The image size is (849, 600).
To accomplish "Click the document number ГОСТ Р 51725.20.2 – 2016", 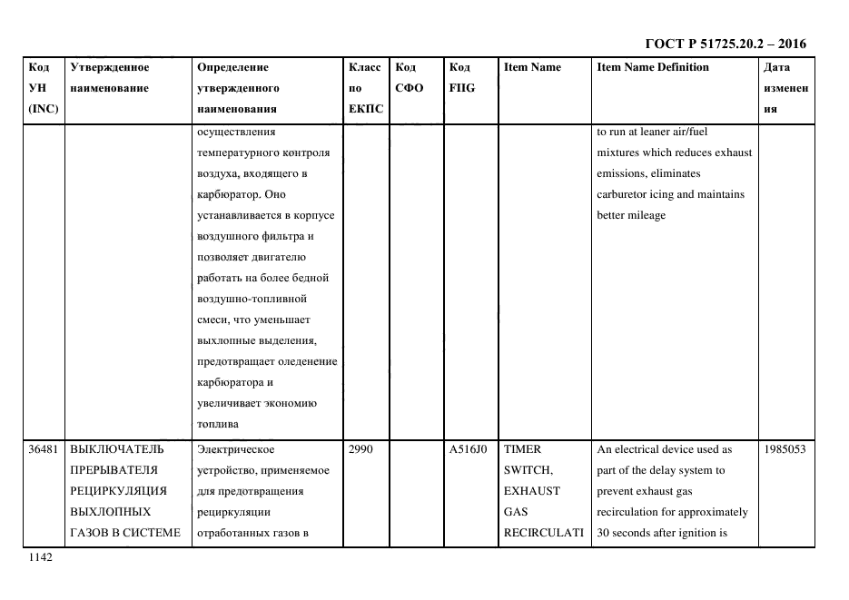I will point(725,43).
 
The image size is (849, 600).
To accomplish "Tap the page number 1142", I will point(41,558).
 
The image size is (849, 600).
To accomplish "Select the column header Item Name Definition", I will point(652,67).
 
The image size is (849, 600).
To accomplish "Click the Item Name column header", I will point(532,67).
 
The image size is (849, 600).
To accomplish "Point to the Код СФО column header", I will point(409,78).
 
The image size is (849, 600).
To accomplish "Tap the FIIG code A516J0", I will point(469,449).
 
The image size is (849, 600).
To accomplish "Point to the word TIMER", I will point(522,449).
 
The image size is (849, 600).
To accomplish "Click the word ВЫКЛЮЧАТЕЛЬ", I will point(117,449).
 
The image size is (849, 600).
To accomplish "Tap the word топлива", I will point(217,424).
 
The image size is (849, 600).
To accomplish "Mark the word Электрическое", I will point(234,449).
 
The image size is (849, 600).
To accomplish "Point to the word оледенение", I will point(308,361).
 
